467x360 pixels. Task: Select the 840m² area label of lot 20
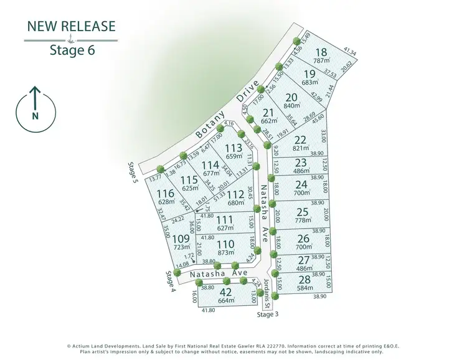pyautogui.click(x=291, y=106)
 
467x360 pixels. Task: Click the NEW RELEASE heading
pyautogui.click(x=71, y=26)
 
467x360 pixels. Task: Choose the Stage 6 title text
pyautogui.click(x=72, y=50)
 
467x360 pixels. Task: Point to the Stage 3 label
pyautogui.click(x=268, y=315)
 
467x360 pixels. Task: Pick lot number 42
pyautogui.click(x=225, y=292)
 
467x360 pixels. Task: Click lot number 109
pyautogui.click(x=181, y=239)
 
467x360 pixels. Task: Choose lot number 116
pyautogui.click(x=166, y=194)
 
